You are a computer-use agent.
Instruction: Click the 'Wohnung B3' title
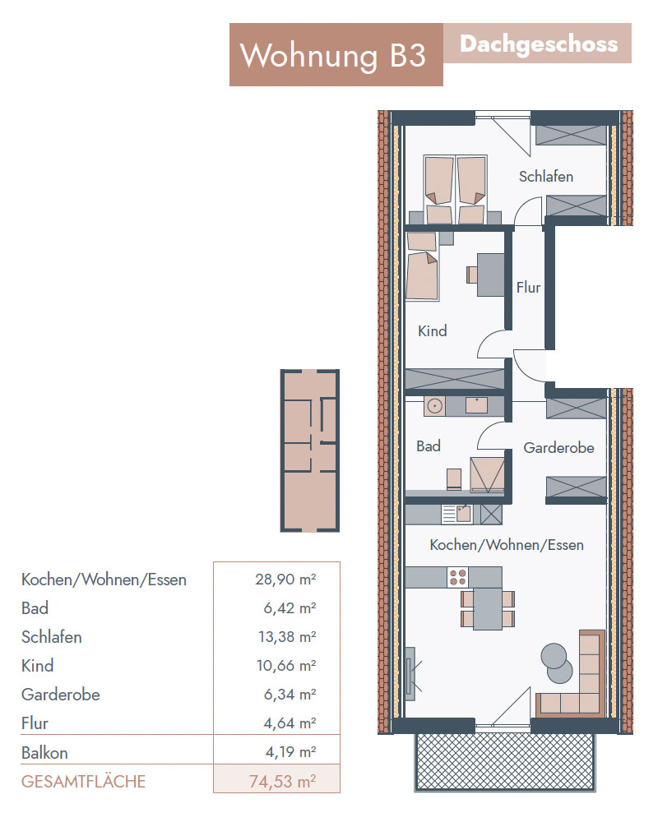pos(332,55)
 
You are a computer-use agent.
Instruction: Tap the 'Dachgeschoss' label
pos(539,44)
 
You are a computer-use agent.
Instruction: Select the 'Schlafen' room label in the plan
pos(545,177)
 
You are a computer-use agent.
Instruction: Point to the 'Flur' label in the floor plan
pos(528,287)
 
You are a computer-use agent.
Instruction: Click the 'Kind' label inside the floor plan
pos(433,330)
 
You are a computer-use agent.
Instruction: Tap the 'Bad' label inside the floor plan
pos(429,446)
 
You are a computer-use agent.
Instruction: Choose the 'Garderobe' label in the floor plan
pos(558,448)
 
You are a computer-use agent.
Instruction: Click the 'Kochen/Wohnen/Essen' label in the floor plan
pos(507,545)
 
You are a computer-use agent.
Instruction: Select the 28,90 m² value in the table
pos(285,580)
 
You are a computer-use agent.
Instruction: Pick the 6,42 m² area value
pos(290,608)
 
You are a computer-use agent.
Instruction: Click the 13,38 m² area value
pos(287,637)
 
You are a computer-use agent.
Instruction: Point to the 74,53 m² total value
pos(282,781)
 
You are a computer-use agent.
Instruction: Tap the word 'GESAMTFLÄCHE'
pos(83,782)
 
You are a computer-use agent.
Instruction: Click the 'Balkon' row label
pos(44,753)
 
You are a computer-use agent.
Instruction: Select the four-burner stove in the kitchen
pos(457,577)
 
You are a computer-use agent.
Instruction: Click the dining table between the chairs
pos(488,608)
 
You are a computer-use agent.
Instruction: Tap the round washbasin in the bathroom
pos(434,406)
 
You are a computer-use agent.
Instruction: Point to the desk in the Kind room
pos(490,275)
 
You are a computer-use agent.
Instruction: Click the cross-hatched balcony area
pos(505,761)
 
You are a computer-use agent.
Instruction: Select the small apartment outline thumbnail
pos(309,450)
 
